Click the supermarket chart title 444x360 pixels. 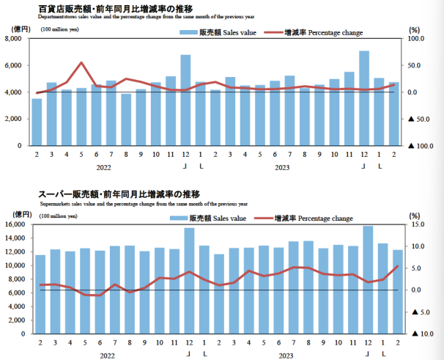pyautogui.click(x=119, y=194)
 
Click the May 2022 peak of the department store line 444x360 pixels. pyautogui.click(x=81, y=63)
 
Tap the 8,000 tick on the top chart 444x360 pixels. pyautogui.click(x=14, y=39)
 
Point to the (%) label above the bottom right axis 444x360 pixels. pyautogui.click(x=414, y=216)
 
